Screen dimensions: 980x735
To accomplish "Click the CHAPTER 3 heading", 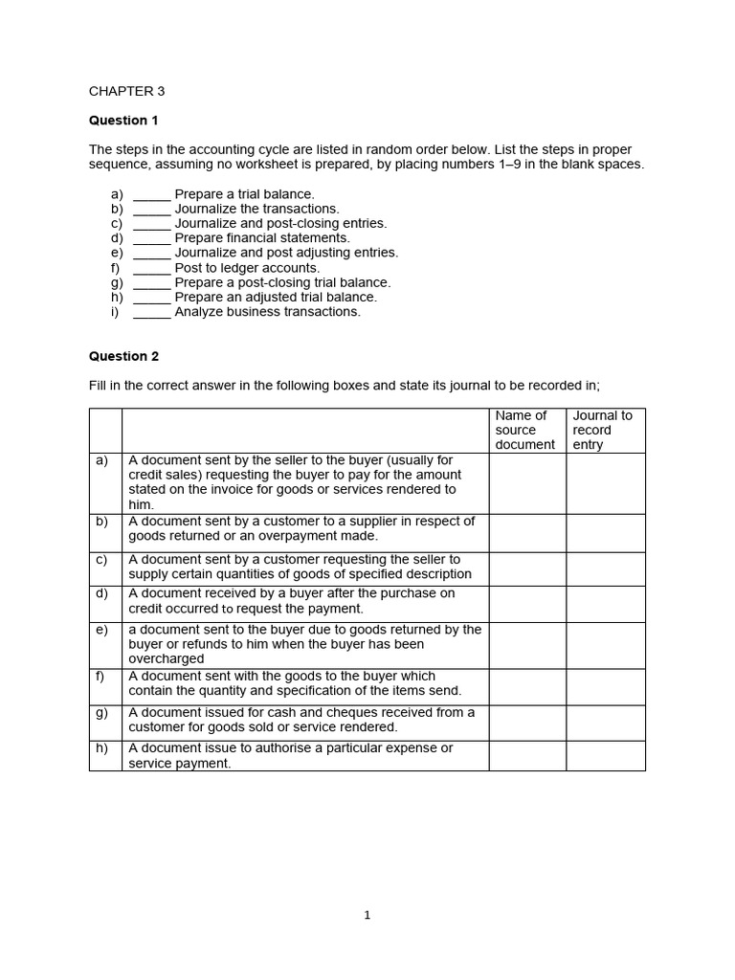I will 126,91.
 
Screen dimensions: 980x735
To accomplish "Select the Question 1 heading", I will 123,121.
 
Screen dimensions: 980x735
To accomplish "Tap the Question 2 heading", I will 123,356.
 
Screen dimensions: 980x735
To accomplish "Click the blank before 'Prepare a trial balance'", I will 151,194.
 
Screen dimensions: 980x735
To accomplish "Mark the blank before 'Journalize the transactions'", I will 151,209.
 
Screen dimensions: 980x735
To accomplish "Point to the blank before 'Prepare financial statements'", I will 151,238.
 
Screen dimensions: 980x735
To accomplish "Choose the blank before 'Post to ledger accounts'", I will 151,268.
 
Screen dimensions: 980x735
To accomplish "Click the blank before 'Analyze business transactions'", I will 151,312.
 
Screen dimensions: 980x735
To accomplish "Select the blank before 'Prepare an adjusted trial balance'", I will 151,298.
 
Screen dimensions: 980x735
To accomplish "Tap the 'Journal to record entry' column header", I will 604,430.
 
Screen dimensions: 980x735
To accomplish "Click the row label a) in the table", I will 102,460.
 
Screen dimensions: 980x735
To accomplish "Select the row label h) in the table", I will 102,748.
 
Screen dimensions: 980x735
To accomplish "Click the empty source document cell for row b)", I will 526,533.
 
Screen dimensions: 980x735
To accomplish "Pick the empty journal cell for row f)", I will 605,686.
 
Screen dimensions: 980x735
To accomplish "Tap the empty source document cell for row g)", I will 526,723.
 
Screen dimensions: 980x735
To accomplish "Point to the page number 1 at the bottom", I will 367,915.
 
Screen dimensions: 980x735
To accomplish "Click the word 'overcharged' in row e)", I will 167,659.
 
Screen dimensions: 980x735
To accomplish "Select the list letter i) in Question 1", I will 115,312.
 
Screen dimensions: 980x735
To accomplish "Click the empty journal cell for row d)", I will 605,604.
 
